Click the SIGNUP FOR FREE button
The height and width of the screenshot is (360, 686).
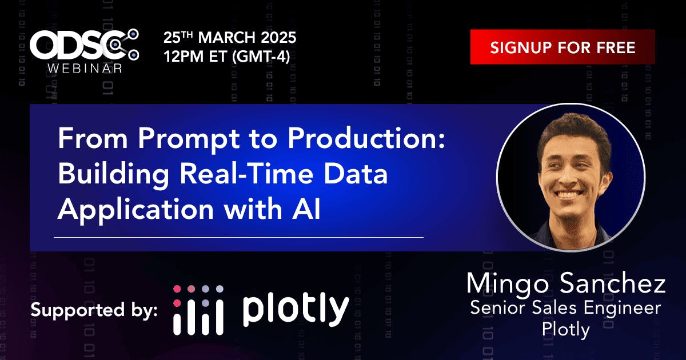[563, 47]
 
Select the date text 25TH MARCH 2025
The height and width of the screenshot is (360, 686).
[230, 38]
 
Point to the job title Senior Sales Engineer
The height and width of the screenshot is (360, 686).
[565, 309]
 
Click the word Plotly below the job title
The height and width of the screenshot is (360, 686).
[565, 330]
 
